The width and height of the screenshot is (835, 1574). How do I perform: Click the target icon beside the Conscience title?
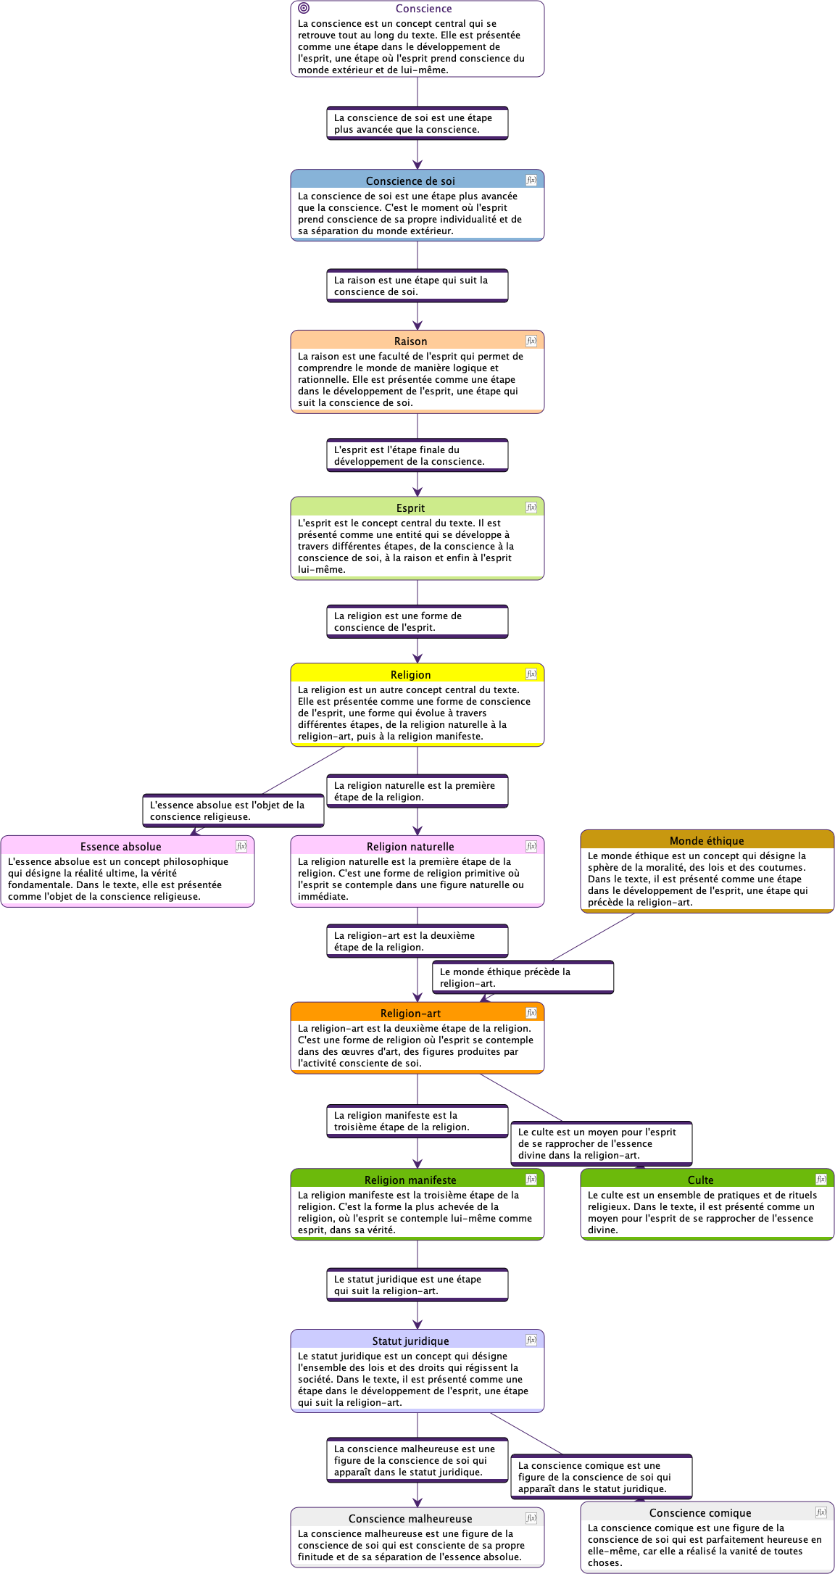(304, 9)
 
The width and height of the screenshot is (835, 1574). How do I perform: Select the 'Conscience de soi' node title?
(410, 181)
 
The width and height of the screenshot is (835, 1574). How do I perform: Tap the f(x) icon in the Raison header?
(531, 341)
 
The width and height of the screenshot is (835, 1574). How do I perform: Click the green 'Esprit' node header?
(410, 508)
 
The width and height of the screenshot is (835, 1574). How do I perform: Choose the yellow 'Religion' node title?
(410, 674)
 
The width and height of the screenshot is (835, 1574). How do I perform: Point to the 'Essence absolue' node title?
(120, 846)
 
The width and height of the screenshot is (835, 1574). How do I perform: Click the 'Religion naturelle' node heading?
(410, 846)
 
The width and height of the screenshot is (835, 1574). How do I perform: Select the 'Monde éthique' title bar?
(707, 840)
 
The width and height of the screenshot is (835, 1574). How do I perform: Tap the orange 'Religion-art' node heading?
(410, 1013)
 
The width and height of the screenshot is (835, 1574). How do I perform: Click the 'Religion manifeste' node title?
(410, 1180)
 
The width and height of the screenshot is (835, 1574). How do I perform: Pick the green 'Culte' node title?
(700, 1180)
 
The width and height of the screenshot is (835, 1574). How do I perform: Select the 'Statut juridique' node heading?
(410, 1341)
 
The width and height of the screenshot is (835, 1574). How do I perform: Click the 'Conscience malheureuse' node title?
(410, 1518)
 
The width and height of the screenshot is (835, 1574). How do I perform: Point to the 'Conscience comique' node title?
(700, 1512)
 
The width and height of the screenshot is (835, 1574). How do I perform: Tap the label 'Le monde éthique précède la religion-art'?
(523, 977)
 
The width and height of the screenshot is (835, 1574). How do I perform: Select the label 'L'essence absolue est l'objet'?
(233, 811)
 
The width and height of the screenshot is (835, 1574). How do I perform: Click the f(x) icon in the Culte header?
(821, 1179)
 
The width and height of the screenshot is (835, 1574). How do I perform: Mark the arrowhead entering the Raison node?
(417, 326)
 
